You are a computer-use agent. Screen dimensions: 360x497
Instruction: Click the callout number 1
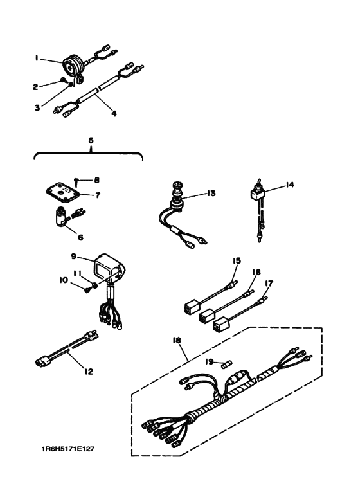click(x=37, y=59)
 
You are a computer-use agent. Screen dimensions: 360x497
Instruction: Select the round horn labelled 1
click(x=73, y=66)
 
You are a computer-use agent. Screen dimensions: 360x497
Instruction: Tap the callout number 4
click(x=114, y=113)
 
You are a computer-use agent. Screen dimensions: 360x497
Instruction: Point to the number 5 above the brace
click(x=91, y=140)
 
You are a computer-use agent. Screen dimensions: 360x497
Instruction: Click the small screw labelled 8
click(x=77, y=182)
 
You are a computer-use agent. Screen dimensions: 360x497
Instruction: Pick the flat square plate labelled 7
click(x=62, y=193)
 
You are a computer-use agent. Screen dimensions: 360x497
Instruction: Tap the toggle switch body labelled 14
click(x=255, y=194)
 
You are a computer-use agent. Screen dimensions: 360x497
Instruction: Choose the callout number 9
click(x=74, y=256)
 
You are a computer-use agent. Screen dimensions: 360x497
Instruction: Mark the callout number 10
click(x=64, y=280)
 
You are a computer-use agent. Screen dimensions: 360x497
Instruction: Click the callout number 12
click(x=89, y=372)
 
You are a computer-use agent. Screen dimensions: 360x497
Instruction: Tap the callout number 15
click(x=237, y=260)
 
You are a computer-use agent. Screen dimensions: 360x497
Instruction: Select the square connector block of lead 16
click(x=206, y=316)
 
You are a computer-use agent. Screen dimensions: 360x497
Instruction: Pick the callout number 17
click(x=269, y=283)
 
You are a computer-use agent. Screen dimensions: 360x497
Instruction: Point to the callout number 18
click(x=177, y=340)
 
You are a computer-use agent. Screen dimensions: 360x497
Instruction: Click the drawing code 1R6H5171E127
click(x=68, y=449)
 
